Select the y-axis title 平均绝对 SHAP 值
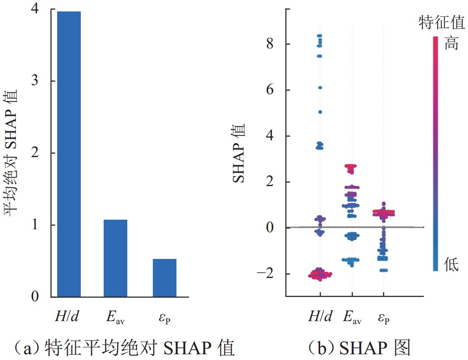click(12, 153)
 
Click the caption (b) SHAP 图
click(359, 348)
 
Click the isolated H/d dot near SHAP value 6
click(320, 88)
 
